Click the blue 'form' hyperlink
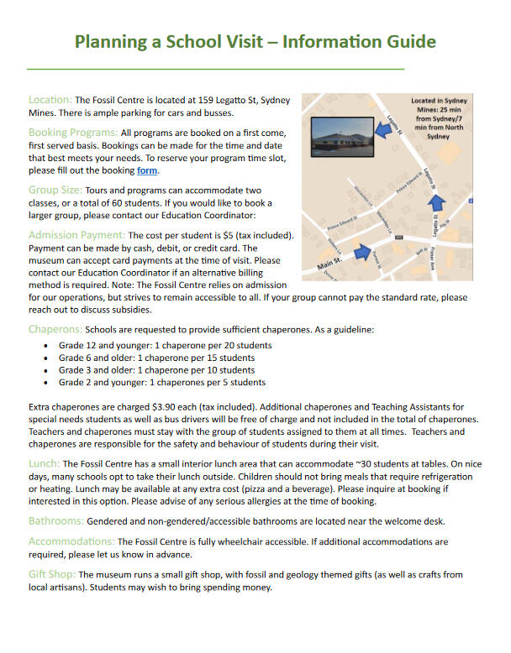click(x=147, y=171)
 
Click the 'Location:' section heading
click(x=50, y=100)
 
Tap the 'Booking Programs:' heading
click(x=73, y=133)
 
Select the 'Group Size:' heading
click(x=55, y=191)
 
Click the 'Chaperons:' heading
click(x=55, y=329)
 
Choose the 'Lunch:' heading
click(x=45, y=462)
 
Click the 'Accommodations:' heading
click(x=71, y=541)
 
